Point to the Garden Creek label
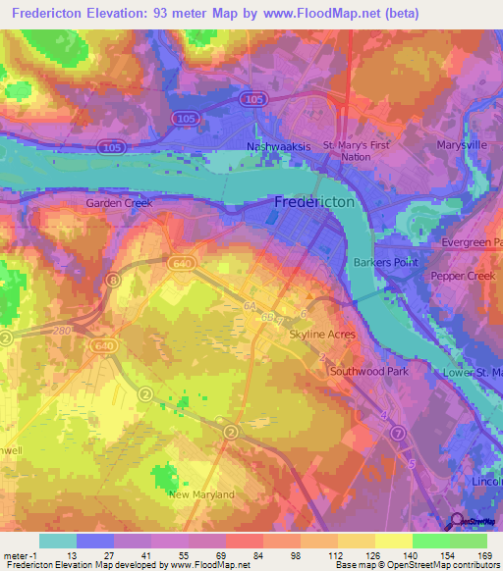[x=117, y=204]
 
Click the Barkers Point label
[x=386, y=263]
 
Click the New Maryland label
[x=201, y=494]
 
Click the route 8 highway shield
[x=113, y=281]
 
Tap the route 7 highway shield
[x=398, y=433]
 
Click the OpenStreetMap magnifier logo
[x=456, y=522]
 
